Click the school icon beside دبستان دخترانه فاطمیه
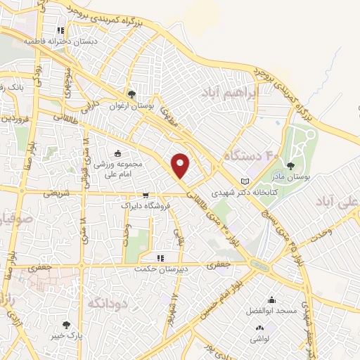[x=60, y=31]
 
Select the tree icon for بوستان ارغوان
[x=131, y=94]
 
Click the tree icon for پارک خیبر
[x=66, y=325]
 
